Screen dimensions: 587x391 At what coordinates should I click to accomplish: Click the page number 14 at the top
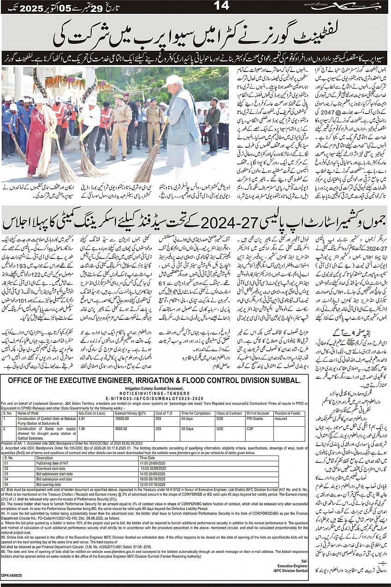pyautogui.click(x=222, y=6)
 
